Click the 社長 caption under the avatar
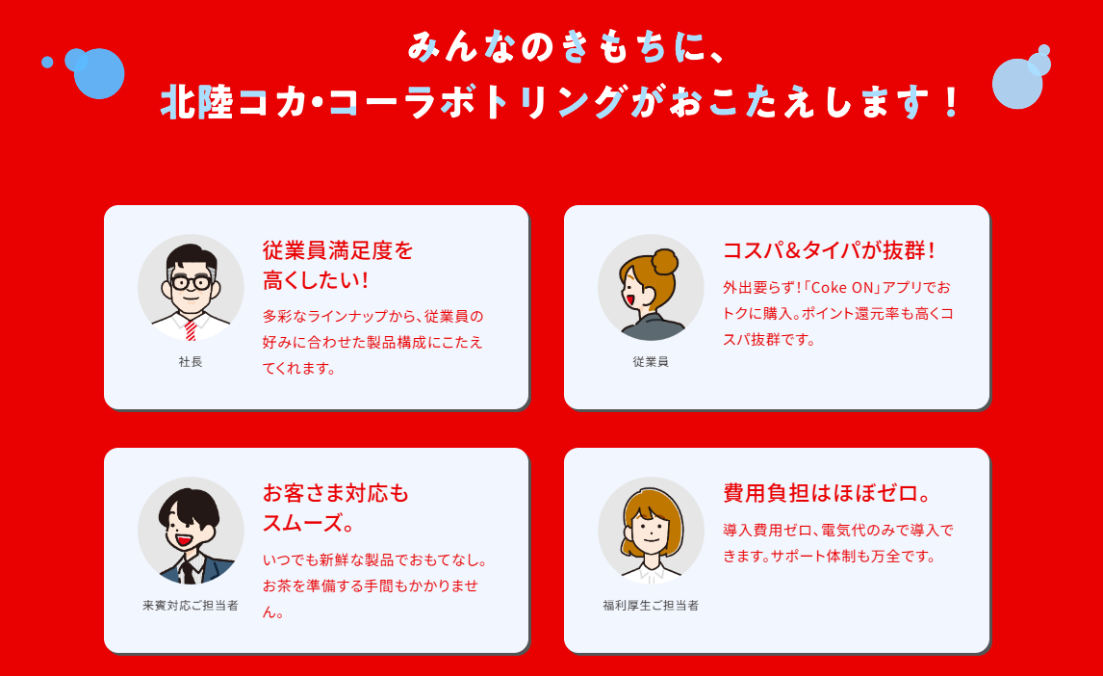191,362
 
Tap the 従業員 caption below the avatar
651,362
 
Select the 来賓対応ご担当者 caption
191,606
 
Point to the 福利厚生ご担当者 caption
651,606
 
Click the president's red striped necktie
191,329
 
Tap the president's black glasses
191,282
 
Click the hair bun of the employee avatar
665,260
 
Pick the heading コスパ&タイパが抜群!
829,250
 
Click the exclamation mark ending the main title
951,102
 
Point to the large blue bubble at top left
99,74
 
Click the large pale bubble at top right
1016,85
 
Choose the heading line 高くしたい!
316,280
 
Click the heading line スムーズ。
309,524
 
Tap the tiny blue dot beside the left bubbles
47,63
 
